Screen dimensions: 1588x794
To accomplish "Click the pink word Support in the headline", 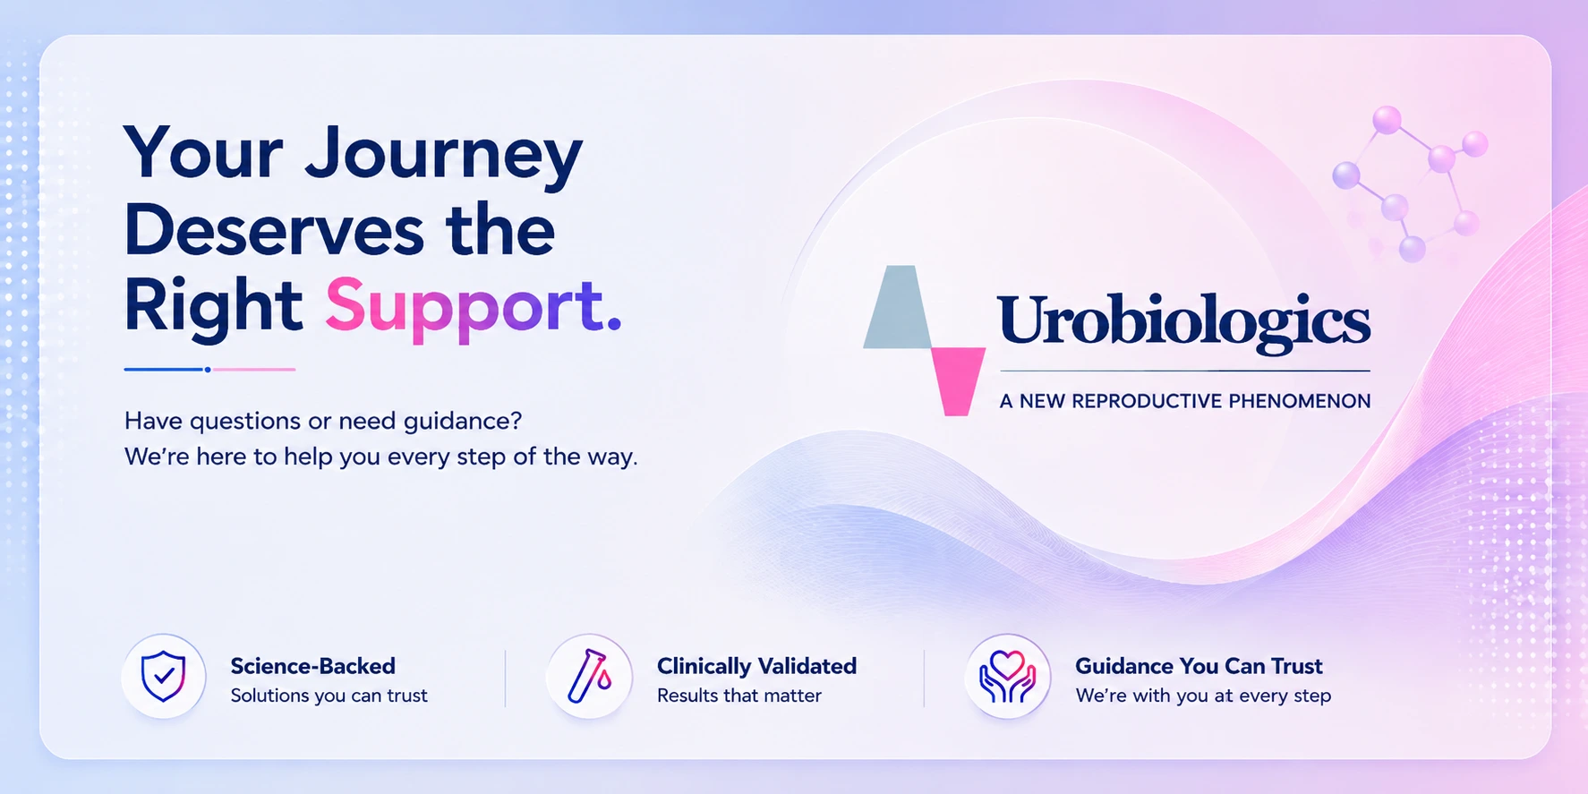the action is pyautogui.click(x=473, y=307).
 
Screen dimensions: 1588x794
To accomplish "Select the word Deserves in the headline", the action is pyautogui.click(x=274, y=230).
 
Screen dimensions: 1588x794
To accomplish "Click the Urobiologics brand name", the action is pyautogui.click(x=1183, y=321).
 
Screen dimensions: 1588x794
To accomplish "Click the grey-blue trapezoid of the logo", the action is pyautogui.click(x=898, y=307).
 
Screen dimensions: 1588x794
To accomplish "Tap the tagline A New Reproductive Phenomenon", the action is pyautogui.click(x=1185, y=401).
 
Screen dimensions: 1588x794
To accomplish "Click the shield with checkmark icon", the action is pyautogui.click(x=164, y=676).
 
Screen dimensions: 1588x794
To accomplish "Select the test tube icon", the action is pyautogui.click(x=589, y=676).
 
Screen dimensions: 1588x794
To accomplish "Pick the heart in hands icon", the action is pyautogui.click(x=1007, y=677).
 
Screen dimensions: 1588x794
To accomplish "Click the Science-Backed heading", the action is pyautogui.click(x=312, y=666).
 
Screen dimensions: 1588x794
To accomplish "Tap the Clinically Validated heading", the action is pyautogui.click(x=756, y=666).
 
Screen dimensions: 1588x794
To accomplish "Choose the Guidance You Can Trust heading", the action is pyautogui.click(x=1199, y=666).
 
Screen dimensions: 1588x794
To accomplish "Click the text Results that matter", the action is pyautogui.click(x=739, y=696).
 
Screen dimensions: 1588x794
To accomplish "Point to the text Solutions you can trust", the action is pyautogui.click(x=329, y=696).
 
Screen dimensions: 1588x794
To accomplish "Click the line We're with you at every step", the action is pyautogui.click(x=1203, y=696).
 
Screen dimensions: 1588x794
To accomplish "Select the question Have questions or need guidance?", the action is pyautogui.click(x=323, y=421).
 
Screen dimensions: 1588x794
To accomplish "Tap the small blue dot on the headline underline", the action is pyautogui.click(x=208, y=369).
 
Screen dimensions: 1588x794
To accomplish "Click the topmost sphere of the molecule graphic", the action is pyautogui.click(x=1387, y=120).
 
